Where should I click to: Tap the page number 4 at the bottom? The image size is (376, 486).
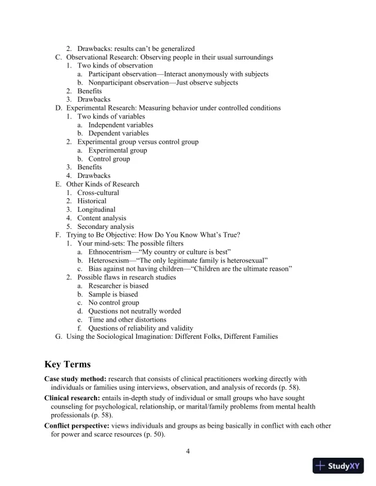(188, 452)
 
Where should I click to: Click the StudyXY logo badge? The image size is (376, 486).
(341, 466)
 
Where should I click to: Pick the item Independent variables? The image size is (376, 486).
(121, 125)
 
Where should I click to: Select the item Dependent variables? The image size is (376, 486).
(119, 133)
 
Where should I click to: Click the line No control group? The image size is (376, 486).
(114, 303)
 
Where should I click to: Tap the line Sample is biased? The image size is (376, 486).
(113, 295)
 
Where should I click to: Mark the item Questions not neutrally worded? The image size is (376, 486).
(135, 311)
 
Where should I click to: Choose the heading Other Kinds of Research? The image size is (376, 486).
(103, 184)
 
